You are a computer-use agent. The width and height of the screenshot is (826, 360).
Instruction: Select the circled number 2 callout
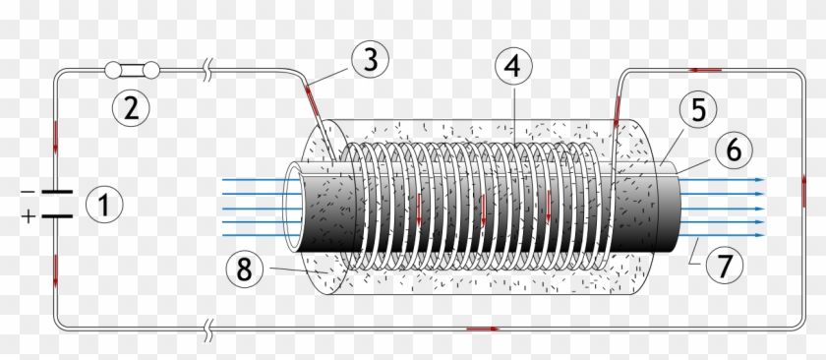[130, 106]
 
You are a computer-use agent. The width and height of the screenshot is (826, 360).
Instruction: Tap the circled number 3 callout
[369, 59]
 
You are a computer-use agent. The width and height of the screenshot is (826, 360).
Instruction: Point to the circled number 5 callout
[697, 110]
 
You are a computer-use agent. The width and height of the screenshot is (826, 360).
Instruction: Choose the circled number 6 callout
[734, 150]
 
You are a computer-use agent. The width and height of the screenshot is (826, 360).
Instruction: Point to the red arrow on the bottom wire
[481, 329]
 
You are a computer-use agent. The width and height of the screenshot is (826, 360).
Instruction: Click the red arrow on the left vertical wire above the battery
[56, 137]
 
